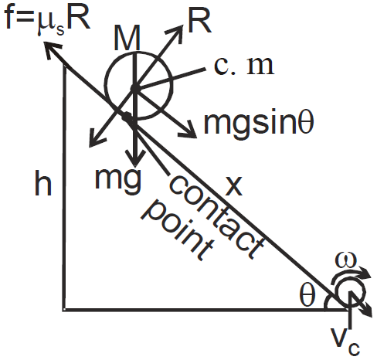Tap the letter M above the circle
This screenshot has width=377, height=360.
point(127,38)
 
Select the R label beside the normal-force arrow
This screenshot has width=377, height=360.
point(200,22)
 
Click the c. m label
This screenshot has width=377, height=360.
point(243,66)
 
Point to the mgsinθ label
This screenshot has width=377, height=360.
point(259,123)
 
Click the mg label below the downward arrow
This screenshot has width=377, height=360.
point(118,180)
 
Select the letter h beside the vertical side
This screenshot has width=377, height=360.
point(43,182)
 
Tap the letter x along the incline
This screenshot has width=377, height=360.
point(233,186)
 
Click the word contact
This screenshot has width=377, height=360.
point(216,216)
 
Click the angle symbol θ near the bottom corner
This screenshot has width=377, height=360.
point(307,296)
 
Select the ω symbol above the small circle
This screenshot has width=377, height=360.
point(345,261)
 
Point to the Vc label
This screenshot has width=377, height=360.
point(345,341)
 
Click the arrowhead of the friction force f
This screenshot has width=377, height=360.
point(52,49)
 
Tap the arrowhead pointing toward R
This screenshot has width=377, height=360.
point(175,32)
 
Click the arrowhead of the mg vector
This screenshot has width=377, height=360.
point(135,158)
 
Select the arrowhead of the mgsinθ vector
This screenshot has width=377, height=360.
point(188,129)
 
